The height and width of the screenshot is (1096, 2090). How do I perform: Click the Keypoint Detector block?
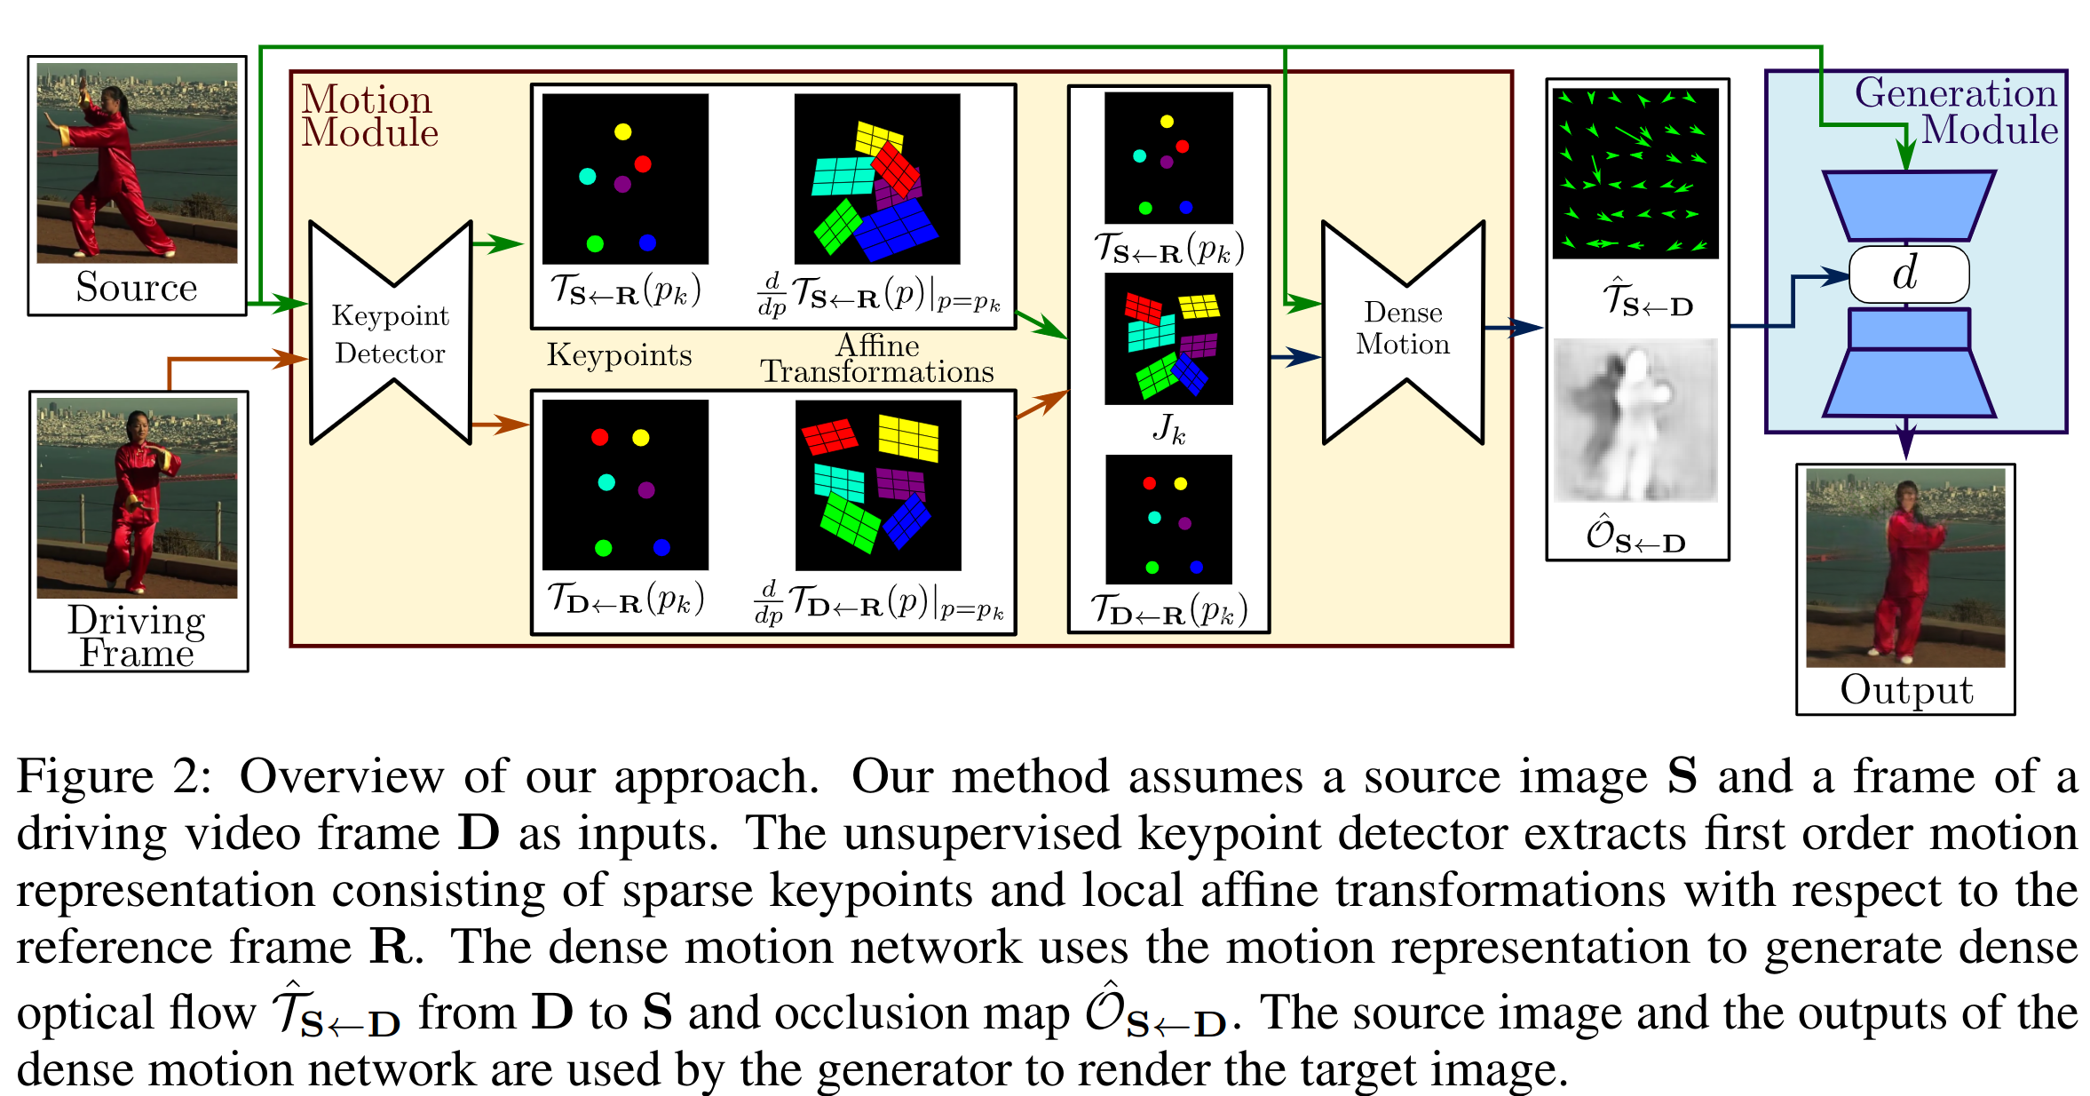tap(390, 334)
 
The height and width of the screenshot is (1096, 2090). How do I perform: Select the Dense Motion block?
tap(1402, 329)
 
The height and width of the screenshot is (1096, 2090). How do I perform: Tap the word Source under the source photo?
tap(136, 287)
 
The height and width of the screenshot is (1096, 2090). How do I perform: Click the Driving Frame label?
tap(137, 636)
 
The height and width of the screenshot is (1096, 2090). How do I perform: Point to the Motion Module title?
tap(368, 115)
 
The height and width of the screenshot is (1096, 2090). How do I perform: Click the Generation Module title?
tap(1955, 111)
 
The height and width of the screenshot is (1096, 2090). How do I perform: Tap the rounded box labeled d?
tap(1908, 274)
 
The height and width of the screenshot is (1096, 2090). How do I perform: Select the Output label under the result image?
tap(1905, 689)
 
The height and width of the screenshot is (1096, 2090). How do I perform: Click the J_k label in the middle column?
tap(1168, 429)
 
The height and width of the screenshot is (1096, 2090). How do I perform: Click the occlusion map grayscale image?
tap(1635, 420)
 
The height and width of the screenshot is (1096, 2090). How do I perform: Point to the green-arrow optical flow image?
tap(1635, 173)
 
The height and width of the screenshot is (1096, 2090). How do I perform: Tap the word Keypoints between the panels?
tap(619, 355)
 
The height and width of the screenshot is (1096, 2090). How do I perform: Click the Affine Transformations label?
tap(877, 358)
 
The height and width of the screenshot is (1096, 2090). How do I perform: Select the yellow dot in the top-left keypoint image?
tap(622, 132)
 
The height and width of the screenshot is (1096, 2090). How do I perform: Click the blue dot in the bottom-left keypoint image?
tap(661, 547)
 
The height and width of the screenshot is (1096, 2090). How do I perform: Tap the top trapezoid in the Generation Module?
tap(1908, 205)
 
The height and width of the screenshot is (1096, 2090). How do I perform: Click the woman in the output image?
tap(1904, 568)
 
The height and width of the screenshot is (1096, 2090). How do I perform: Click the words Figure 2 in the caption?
tap(115, 777)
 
